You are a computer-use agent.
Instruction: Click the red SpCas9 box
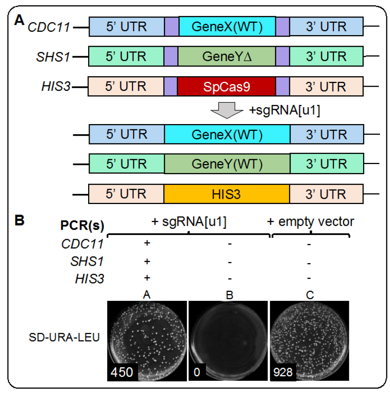[x=226, y=86]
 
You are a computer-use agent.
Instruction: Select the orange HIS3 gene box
[x=227, y=194]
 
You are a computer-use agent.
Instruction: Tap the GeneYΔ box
[x=227, y=56]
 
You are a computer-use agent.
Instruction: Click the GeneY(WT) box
[x=227, y=164]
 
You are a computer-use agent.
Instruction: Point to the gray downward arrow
[x=227, y=110]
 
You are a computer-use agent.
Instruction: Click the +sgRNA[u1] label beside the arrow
[x=285, y=110]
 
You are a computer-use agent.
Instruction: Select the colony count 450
[x=122, y=372]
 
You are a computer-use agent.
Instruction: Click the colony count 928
[x=283, y=372]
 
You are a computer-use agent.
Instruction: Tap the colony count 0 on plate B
[x=197, y=372]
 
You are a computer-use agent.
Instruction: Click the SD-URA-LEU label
[x=64, y=337]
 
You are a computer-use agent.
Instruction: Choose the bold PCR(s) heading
[x=82, y=225]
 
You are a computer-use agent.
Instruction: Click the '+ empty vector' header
[x=310, y=222]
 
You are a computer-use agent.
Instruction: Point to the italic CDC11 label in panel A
[x=49, y=27]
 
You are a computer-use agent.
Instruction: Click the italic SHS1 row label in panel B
[x=87, y=261]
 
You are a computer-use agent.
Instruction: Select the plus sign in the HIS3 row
[x=147, y=278]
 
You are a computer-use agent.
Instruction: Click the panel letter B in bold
[x=19, y=220]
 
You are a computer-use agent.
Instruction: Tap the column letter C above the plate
[x=310, y=295]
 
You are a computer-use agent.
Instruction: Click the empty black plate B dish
[x=228, y=340]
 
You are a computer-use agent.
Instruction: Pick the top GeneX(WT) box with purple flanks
[x=227, y=27]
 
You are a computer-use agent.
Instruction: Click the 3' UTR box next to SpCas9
[x=326, y=86]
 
